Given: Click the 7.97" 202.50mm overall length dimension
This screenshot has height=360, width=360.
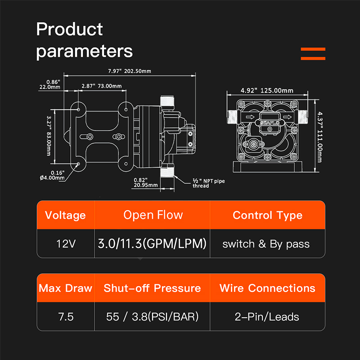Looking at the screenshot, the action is coord(130,71).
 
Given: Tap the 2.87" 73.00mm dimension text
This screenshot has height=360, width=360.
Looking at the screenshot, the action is coord(102,86).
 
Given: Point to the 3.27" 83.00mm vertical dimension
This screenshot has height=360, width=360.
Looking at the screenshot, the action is coord(49,136).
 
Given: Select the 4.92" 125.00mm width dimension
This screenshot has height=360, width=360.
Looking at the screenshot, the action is coord(267,90).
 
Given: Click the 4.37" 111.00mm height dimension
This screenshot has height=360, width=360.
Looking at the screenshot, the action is coord(320,137).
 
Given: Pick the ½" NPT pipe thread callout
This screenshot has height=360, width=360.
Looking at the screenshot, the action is coord(208,183).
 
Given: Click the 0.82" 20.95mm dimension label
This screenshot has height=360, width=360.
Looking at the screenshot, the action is coord(145,183).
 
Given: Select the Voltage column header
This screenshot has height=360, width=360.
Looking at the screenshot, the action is coord(65,215).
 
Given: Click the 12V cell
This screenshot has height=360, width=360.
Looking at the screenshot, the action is coord(66,243).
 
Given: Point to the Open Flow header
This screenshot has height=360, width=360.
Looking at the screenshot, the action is coord(153,215).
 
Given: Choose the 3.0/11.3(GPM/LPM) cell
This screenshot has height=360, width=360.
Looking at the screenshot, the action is coord(152,243).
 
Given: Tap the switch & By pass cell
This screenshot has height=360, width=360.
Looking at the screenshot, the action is coord(266,244).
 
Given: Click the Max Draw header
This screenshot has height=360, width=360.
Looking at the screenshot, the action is coord(65,288).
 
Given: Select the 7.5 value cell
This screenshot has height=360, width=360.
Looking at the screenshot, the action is coord(66,317).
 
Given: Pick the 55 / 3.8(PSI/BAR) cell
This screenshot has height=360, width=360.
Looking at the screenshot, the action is coord(152,317).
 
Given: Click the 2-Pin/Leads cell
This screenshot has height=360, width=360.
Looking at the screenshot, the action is coord(267,317).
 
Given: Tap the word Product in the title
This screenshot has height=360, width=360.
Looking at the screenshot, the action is coord(69,29).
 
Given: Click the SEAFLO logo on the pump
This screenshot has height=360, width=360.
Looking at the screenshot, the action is coord(270,123).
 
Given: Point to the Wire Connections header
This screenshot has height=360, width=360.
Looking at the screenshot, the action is coord(267,288).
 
